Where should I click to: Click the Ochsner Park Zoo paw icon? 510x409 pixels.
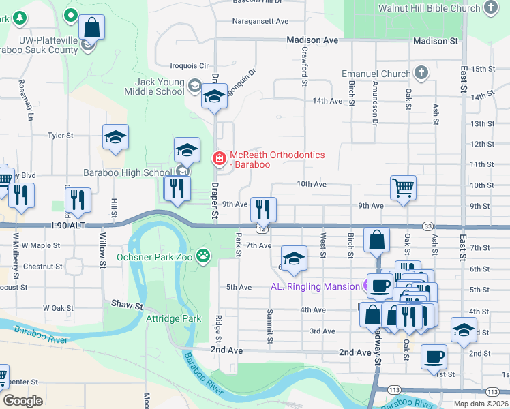point(202,256)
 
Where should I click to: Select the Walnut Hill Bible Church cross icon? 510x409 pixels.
point(490,8)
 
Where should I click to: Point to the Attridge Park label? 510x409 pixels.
point(174,318)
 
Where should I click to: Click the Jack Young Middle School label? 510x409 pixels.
point(155,87)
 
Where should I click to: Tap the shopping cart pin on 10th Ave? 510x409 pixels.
point(403,187)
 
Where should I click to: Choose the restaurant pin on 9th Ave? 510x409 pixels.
point(262,209)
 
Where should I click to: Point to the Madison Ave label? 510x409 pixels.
point(312,41)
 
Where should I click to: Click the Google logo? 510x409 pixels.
point(22,401)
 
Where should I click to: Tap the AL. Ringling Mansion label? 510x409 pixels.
point(315,286)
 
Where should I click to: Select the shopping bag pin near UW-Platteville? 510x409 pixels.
point(91,28)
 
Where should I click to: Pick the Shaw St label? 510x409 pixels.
point(126,303)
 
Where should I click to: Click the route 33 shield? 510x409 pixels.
point(427,226)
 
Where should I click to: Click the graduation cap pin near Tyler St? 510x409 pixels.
point(115,137)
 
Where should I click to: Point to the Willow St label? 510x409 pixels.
point(103,249)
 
